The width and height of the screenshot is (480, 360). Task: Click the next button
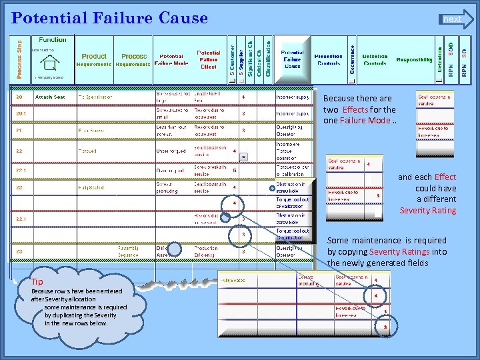pos(455,19)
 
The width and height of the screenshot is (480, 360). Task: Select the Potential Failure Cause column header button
pos(292,59)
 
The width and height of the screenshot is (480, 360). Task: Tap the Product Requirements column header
pos(94,60)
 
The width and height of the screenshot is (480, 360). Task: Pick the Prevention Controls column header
pos(328,60)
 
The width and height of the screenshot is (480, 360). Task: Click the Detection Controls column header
pos(375,60)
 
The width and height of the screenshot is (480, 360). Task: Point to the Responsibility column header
pos(414,60)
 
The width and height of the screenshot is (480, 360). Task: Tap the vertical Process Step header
pos(19,57)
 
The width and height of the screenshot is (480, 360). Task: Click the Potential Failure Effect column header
pos(208,59)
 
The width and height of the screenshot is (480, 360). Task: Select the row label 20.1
pos(21,113)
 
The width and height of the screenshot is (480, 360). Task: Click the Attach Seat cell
pos(50,97)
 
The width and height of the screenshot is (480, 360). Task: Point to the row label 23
pos(20,251)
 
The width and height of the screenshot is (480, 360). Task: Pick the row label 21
pos(20,130)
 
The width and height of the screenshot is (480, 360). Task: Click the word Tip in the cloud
pos(37,282)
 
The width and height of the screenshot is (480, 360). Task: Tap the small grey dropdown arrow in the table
pos(243,157)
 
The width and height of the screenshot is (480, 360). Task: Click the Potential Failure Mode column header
pos(171,60)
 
